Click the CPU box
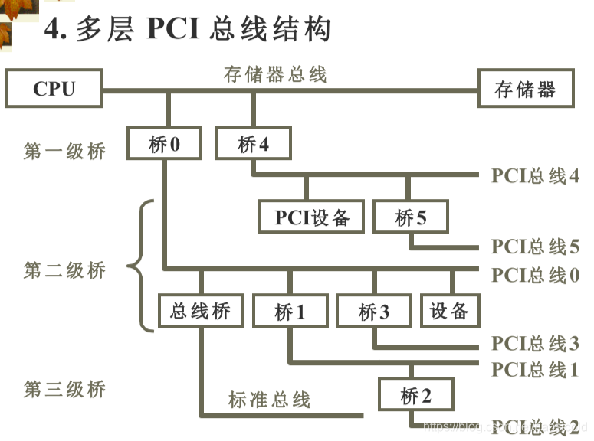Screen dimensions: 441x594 54,89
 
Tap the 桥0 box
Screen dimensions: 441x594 165,144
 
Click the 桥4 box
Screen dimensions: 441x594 254,144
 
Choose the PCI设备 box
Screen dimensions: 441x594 312,217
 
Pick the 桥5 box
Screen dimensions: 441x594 411,217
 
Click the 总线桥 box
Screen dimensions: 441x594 200,312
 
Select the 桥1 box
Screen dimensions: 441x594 290,312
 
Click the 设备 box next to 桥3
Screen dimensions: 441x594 449,311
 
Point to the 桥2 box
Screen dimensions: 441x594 416,396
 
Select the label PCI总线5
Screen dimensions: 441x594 535,247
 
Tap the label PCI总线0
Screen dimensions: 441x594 535,275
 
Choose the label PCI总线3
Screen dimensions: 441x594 535,343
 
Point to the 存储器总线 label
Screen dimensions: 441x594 275,74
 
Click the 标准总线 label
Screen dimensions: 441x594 269,399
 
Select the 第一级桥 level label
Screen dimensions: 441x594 64,151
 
